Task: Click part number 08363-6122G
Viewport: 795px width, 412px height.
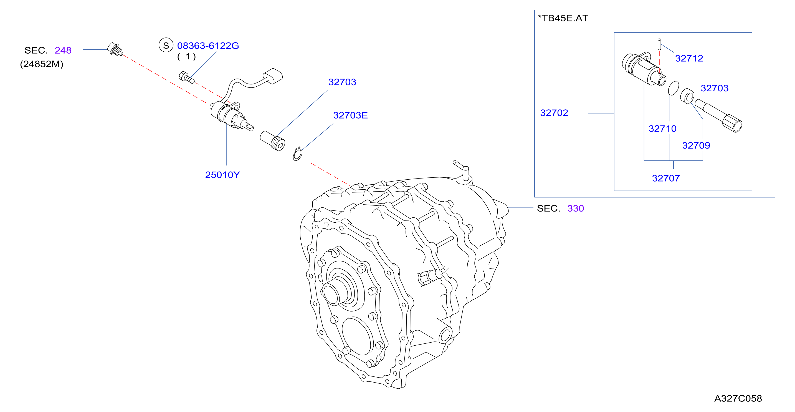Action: pos(208,46)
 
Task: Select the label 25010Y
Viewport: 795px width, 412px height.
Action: pos(222,175)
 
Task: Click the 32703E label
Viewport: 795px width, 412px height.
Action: pos(350,115)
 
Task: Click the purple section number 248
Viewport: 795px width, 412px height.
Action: pos(63,50)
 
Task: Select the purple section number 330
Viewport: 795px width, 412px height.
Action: pos(576,208)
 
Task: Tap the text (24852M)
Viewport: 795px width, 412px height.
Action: pos(42,64)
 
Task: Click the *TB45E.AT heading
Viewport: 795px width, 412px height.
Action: pos(563,18)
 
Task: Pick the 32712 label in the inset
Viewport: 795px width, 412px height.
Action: pos(689,58)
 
